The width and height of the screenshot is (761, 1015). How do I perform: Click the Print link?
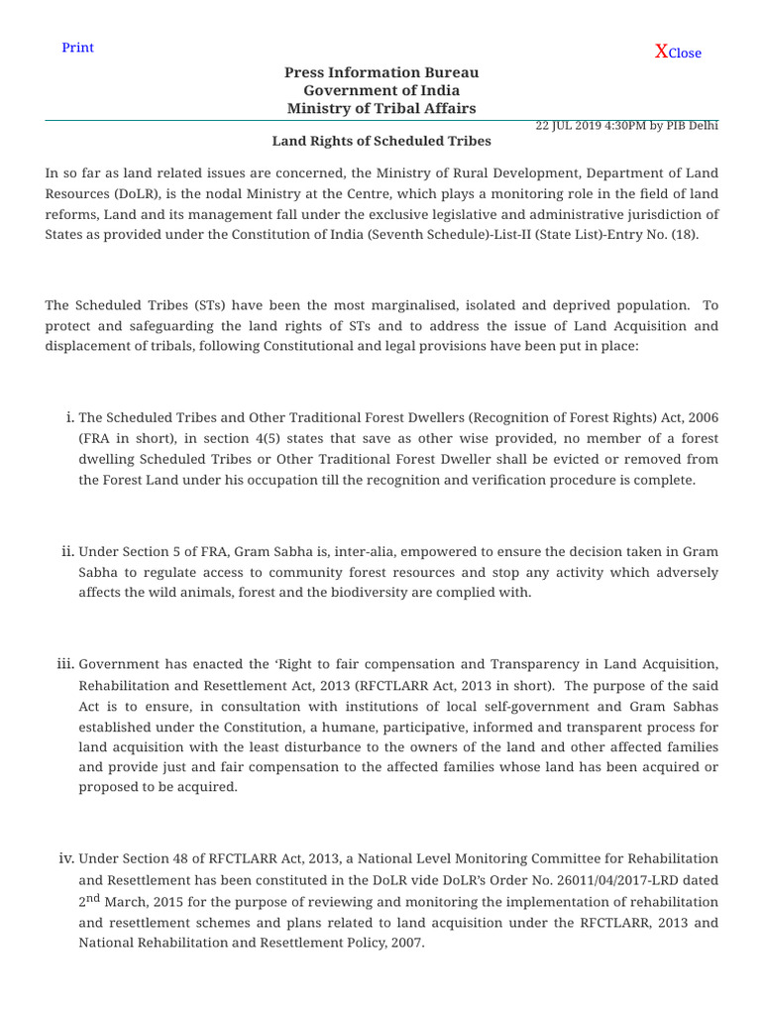point(77,48)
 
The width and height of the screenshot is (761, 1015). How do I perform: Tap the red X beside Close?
point(661,52)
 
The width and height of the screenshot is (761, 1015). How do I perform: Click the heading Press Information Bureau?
point(381,72)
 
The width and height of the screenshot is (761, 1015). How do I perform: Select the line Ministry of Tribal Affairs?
point(381,108)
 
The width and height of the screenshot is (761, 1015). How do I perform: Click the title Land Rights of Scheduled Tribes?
point(381,142)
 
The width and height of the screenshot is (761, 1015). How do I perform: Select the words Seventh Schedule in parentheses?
point(447,235)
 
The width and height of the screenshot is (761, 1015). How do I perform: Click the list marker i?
point(67,417)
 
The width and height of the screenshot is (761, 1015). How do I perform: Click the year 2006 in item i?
point(702,417)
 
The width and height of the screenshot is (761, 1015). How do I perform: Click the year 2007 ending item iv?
point(404,944)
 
